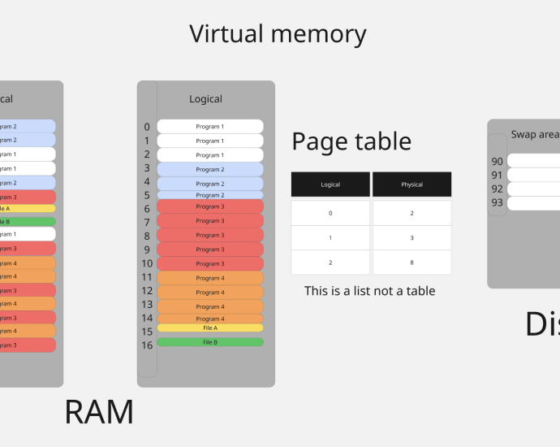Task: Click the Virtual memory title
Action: pos(278,34)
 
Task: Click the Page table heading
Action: pos(351,141)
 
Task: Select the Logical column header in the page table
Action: pos(330,184)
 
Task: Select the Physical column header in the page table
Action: pos(411,184)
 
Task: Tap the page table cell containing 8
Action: pos(411,263)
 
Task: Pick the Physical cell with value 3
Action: pos(411,237)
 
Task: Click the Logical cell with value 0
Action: pos(330,213)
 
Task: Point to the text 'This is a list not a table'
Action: pos(369,290)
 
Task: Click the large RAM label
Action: pos(99,412)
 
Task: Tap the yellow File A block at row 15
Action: pos(210,328)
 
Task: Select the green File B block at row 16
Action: pos(210,342)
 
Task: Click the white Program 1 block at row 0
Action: pos(210,127)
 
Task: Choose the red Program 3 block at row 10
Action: pos(210,263)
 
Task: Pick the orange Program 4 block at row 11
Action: pos(210,278)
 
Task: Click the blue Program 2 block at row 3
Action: pos(210,169)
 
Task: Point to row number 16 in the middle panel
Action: pos(147,345)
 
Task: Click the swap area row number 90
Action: pos(497,162)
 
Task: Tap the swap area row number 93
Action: pos(497,202)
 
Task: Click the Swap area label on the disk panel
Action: pos(535,135)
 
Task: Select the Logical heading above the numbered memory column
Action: pos(205,99)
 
